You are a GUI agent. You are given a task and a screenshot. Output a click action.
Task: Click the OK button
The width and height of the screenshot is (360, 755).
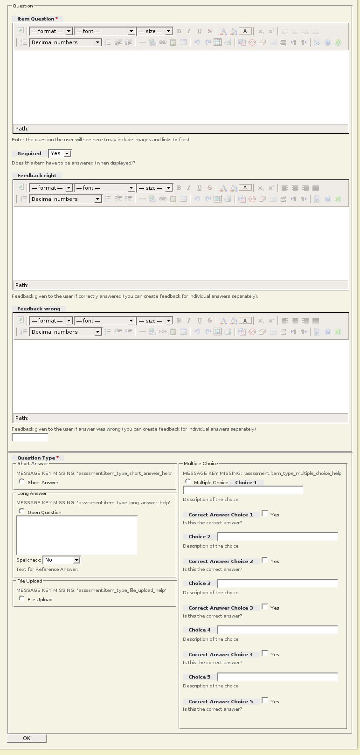click(x=27, y=738)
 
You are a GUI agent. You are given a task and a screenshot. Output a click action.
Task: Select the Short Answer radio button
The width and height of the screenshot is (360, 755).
click(x=21, y=481)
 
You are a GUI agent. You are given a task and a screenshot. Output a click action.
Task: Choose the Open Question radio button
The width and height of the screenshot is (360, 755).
click(x=21, y=511)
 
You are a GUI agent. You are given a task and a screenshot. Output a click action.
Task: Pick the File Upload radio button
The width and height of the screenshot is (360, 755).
click(x=21, y=598)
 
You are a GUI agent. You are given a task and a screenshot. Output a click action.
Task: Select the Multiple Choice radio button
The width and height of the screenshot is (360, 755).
click(x=188, y=481)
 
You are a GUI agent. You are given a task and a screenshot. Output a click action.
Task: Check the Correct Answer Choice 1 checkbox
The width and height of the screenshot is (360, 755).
click(x=265, y=514)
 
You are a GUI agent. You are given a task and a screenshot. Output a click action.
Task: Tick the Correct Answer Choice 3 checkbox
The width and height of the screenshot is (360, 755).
click(x=265, y=607)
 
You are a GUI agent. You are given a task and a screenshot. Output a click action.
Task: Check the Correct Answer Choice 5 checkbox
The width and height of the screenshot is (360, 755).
click(x=265, y=700)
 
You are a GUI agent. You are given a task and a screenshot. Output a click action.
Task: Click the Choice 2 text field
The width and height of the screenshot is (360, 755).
click(x=277, y=537)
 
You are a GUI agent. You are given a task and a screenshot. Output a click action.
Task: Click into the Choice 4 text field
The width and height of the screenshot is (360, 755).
click(x=277, y=630)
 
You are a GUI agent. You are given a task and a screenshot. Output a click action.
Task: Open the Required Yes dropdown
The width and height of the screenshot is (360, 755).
click(x=60, y=153)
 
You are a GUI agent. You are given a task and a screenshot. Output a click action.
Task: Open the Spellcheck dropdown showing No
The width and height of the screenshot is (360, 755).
click(x=62, y=560)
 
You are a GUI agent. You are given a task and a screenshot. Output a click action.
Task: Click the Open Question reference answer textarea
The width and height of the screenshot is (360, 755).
click(x=77, y=535)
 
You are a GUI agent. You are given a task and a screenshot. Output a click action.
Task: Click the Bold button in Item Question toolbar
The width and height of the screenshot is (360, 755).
click(x=179, y=31)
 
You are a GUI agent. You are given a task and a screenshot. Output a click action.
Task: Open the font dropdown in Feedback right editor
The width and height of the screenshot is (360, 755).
click(x=104, y=188)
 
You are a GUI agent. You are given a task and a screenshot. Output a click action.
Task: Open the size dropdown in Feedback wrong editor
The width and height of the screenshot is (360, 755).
click(x=155, y=321)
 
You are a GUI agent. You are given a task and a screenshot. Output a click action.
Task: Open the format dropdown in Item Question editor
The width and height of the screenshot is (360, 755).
click(x=51, y=31)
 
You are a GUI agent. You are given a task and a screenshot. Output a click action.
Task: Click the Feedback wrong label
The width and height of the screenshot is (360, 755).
click(x=39, y=309)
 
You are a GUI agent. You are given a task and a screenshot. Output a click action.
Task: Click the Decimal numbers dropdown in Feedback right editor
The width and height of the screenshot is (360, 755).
click(x=66, y=199)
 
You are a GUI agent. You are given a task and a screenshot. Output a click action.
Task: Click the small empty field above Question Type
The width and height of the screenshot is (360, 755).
click(x=30, y=438)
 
